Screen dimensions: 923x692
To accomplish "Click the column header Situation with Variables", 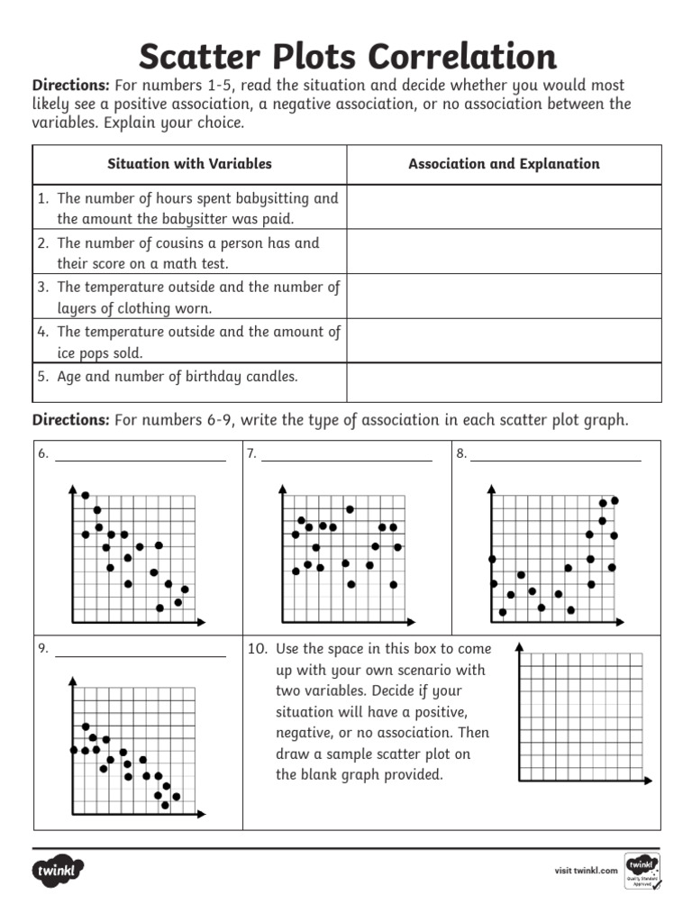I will coord(189,164).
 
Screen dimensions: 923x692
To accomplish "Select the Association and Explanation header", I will coord(504,164).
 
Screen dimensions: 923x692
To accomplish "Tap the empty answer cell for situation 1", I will coord(504,207).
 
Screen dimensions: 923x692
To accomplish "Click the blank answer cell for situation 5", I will coord(504,382).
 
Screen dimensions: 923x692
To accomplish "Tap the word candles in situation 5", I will coord(269,377).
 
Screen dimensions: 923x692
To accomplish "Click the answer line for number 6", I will coord(140,460).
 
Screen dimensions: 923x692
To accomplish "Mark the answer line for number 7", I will coord(346,460).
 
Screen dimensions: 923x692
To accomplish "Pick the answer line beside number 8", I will coord(555,460).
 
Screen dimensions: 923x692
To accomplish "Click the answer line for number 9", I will coord(140,655).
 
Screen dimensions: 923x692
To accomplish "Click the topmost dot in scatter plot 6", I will coord(86,495).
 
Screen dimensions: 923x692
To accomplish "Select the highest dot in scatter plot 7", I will coord(350,509).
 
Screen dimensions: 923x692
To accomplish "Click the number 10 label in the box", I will coord(257,649).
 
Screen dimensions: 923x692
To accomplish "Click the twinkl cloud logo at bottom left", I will coord(59,872).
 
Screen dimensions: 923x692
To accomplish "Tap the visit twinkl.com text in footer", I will coord(586,871).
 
